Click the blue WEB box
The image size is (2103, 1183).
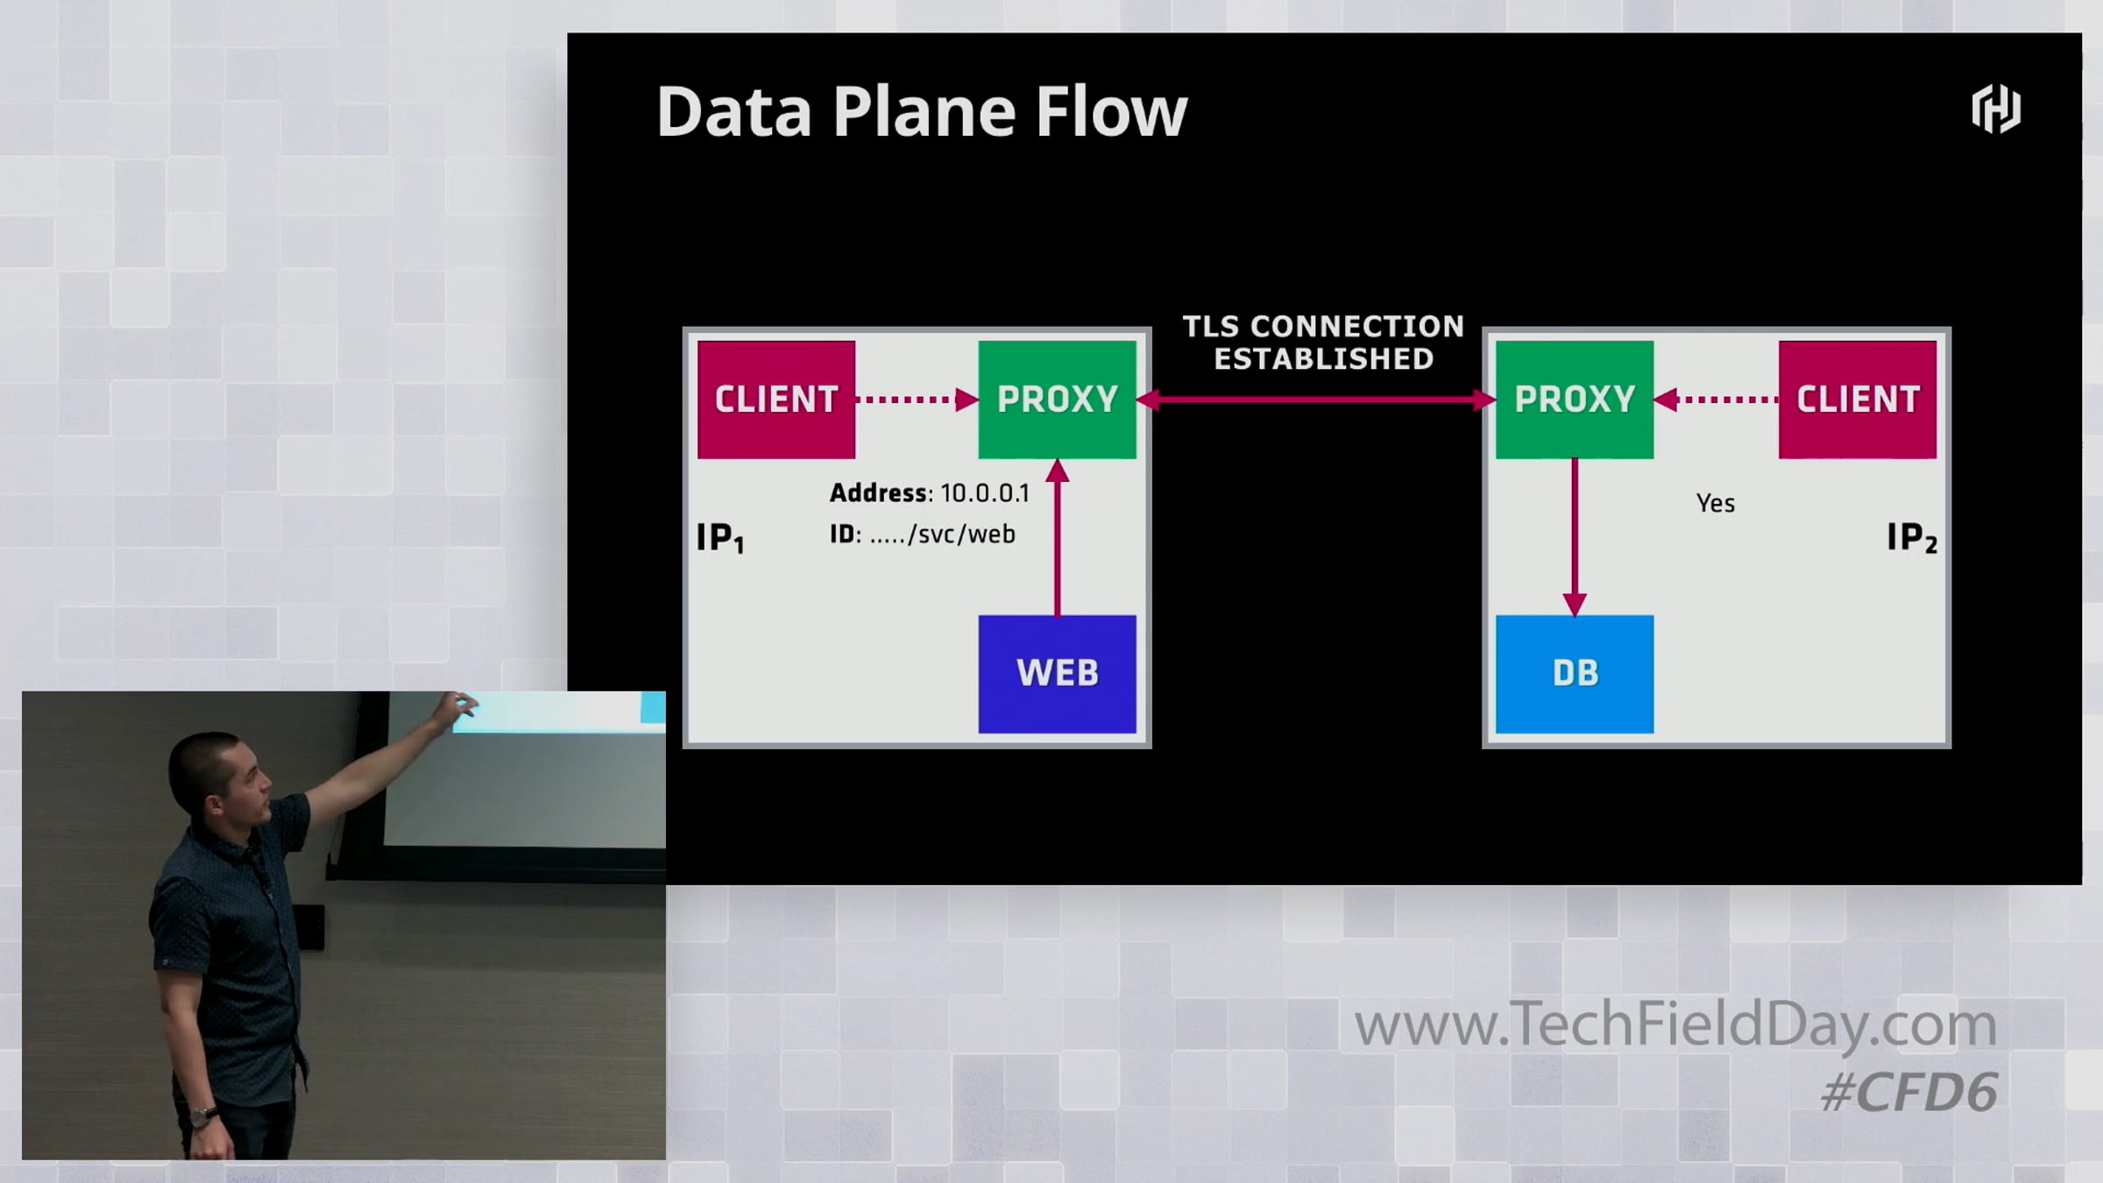click(1057, 674)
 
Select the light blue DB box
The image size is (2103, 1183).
click(1575, 674)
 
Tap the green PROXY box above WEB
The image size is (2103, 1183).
click(1057, 400)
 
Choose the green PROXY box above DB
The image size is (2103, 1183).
click(1575, 400)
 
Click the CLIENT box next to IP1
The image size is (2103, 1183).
click(776, 400)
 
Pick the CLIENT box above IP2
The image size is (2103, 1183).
click(1858, 400)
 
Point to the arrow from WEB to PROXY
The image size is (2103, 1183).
click(1058, 537)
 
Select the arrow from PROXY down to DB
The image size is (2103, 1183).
click(1575, 537)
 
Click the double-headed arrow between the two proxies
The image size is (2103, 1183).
click(1316, 400)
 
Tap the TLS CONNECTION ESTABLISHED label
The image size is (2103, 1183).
click(1323, 343)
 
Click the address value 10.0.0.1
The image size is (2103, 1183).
click(985, 493)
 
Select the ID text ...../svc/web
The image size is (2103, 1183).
click(943, 535)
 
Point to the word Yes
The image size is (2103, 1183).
click(1716, 504)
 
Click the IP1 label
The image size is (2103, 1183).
click(720, 537)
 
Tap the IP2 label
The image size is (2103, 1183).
click(1912, 537)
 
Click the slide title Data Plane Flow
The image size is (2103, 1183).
click(922, 112)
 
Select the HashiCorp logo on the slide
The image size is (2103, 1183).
click(1996, 110)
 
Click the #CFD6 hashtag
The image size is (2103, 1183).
click(1909, 1093)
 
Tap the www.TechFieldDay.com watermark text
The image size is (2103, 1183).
click(1675, 1024)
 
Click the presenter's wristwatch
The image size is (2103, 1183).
click(203, 1116)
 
